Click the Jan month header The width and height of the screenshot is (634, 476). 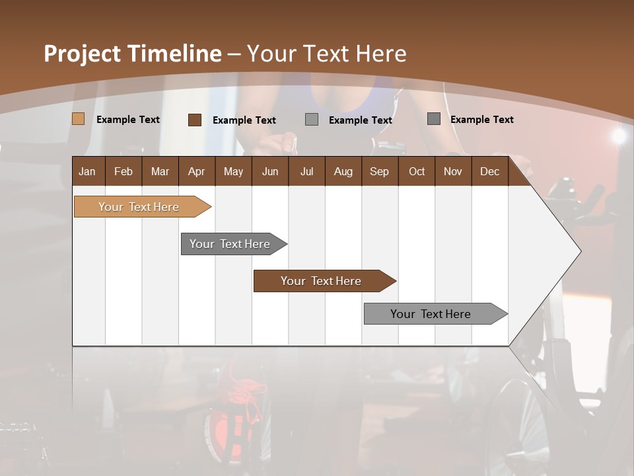tap(87, 171)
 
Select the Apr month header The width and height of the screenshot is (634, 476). tap(196, 171)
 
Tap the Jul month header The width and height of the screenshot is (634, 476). tap(306, 171)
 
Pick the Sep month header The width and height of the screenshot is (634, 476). tap(379, 171)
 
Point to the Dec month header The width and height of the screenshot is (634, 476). tap(489, 171)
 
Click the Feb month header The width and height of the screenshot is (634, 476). tap(123, 171)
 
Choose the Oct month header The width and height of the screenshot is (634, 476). tap(417, 171)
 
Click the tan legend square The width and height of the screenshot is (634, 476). tap(78, 119)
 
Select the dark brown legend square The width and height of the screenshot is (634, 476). tap(194, 120)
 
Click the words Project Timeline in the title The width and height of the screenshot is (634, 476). tap(132, 54)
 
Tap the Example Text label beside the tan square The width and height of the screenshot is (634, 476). tap(128, 120)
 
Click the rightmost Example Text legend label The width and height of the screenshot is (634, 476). tap(481, 120)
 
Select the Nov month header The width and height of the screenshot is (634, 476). tap(452, 171)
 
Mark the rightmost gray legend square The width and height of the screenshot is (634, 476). tap(433, 119)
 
